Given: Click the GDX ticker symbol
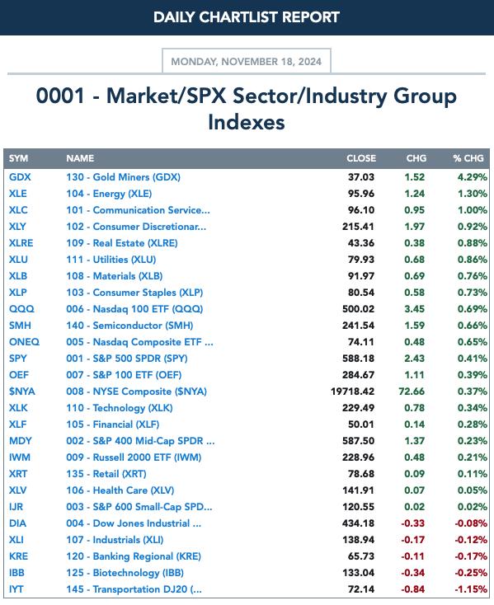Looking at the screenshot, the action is tap(20, 177).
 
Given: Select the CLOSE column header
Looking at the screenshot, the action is tap(361, 158).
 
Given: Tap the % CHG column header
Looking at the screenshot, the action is tap(468, 158).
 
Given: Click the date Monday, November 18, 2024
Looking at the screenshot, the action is tap(247, 62).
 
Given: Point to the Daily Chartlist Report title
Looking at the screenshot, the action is tap(247, 17).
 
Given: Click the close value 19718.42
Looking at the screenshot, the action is tap(352, 392).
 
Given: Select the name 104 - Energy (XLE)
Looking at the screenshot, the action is tap(109, 194).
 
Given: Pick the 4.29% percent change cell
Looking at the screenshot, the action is tap(473, 177).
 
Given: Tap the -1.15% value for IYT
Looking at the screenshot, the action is tap(471, 589).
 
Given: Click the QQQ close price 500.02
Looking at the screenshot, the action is tap(358, 309).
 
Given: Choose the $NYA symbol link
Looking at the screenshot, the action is tap(22, 392).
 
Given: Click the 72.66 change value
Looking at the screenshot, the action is tap(412, 392).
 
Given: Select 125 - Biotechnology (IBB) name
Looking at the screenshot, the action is tap(125, 573).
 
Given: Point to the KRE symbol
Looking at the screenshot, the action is tap(18, 556).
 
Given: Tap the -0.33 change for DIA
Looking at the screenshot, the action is tap(413, 523).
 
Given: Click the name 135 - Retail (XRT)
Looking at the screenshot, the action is tap(106, 474).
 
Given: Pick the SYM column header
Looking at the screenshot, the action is tap(18, 158).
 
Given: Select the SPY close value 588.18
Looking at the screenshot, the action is tap(358, 359).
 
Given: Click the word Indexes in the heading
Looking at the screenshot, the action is tap(247, 122).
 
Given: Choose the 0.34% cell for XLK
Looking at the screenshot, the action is tap(473, 408).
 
